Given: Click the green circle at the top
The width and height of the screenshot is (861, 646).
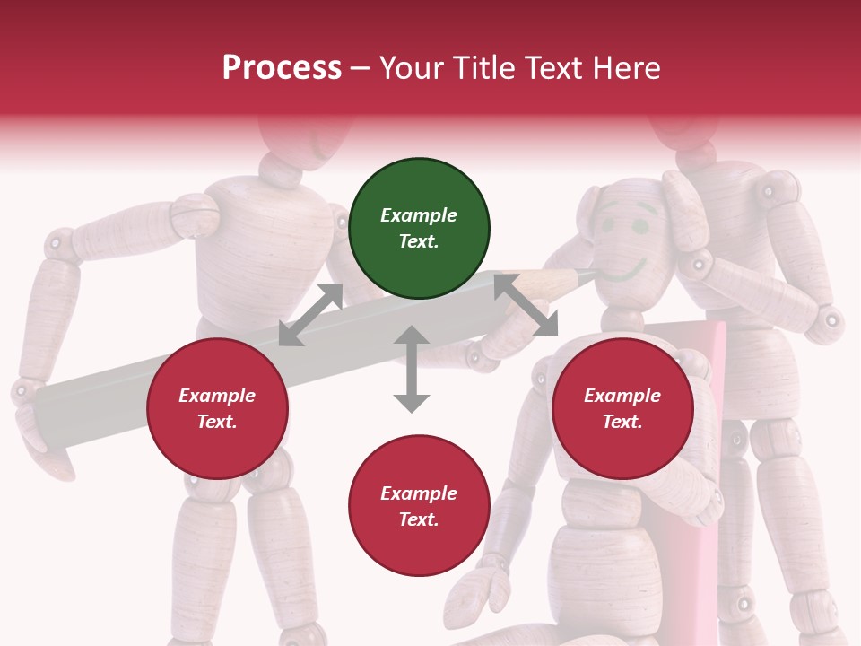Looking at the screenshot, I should click(x=419, y=229).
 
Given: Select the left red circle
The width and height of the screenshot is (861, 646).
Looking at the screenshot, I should click(x=217, y=409).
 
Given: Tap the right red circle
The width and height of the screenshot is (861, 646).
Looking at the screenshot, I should click(x=622, y=409).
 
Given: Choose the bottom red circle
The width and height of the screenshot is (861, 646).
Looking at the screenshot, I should click(x=419, y=506).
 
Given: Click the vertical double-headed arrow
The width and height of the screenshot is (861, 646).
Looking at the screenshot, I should click(x=412, y=369).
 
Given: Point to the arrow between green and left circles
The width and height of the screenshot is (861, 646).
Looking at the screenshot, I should click(x=311, y=314).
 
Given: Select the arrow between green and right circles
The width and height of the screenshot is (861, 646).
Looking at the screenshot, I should click(x=526, y=305).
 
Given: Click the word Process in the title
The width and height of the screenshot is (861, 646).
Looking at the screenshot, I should click(x=282, y=67).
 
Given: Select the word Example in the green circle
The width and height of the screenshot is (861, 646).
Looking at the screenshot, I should click(x=419, y=215).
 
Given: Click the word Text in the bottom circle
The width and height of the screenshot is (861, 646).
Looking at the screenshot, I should click(x=418, y=519).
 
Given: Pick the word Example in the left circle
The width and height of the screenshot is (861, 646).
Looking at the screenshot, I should click(x=217, y=396).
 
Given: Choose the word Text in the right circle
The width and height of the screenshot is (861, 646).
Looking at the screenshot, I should click(x=622, y=422).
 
